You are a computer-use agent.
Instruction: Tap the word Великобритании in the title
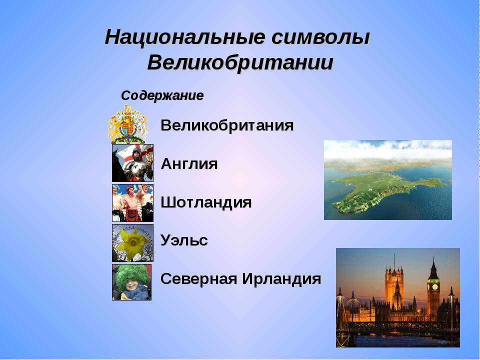pos(240,63)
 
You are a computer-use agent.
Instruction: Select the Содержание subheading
pos(162,95)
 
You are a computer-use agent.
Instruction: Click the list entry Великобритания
pos(227,125)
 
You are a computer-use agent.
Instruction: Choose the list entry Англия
pos(189,164)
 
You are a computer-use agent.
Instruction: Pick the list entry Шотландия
pos(206,202)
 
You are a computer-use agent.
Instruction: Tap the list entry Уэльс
pos(184,240)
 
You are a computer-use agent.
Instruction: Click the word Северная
pos(199,278)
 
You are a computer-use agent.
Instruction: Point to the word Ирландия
pos(281,278)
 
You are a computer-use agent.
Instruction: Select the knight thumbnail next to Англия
pos(132,163)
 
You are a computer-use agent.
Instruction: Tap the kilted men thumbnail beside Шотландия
pos(132,202)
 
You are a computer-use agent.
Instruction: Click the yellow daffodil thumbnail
pos(132,243)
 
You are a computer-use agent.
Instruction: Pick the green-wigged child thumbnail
pos(131,282)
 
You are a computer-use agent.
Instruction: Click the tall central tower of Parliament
pos(394,285)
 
